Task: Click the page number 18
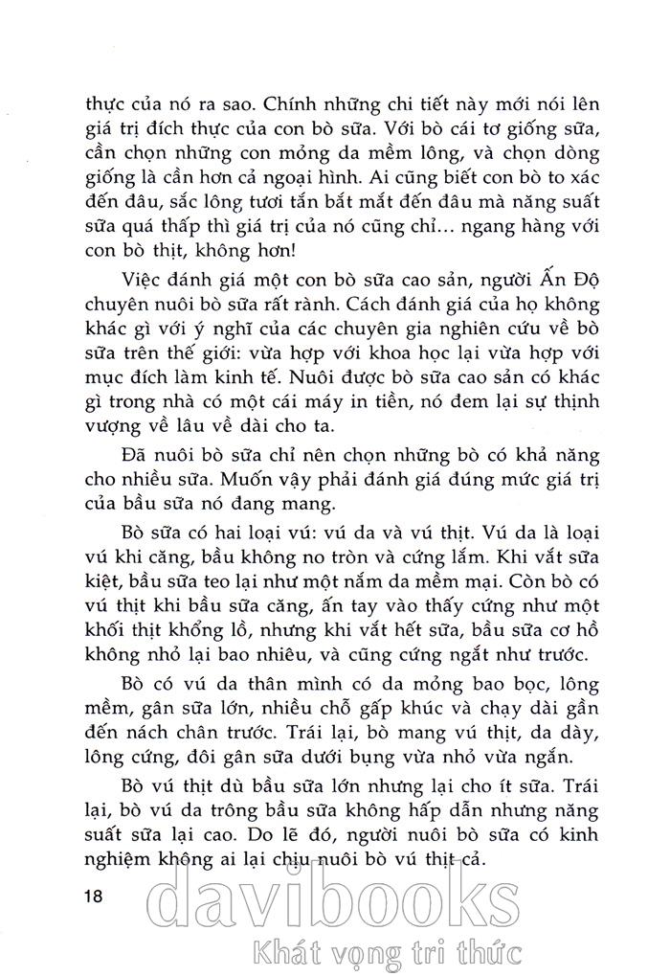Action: tap(94, 897)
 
